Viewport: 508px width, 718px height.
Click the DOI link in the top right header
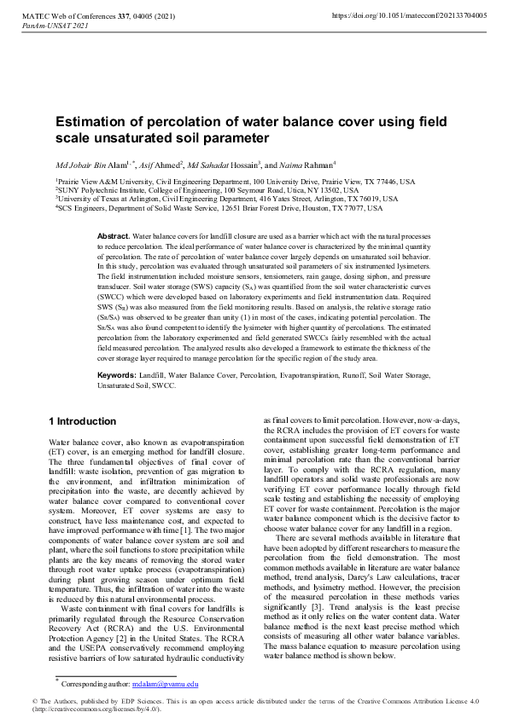[x=408, y=16]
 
